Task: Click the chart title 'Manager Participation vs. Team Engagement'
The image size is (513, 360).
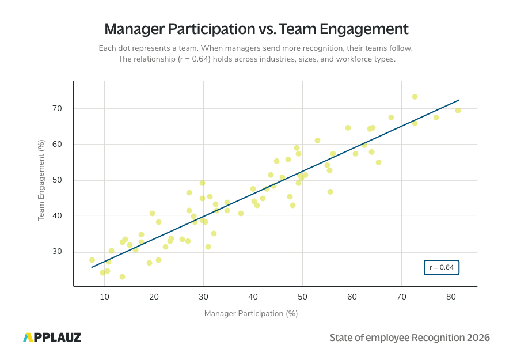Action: point(256,29)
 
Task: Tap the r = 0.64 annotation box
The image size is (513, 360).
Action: point(442,267)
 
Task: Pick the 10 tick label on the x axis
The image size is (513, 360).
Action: point(104,297)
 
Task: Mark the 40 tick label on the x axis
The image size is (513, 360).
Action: point(253,297)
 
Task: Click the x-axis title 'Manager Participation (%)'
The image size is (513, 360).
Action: point(250,314)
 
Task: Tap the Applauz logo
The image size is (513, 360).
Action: point(52,338)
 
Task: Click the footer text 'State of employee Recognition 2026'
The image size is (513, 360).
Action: point(409,338)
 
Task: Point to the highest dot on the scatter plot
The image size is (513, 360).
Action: point(415,97)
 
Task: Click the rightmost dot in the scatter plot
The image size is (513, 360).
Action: point(458,110)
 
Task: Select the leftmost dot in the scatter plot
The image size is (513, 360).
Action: point(92,260)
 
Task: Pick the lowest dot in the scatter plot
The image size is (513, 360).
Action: point(122,276)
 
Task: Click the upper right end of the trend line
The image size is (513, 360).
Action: point(458,100)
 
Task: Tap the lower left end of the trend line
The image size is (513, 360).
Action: point(92,267)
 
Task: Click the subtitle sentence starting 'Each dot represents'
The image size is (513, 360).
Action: point(256,48)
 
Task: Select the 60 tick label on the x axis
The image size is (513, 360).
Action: point(352,297)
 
